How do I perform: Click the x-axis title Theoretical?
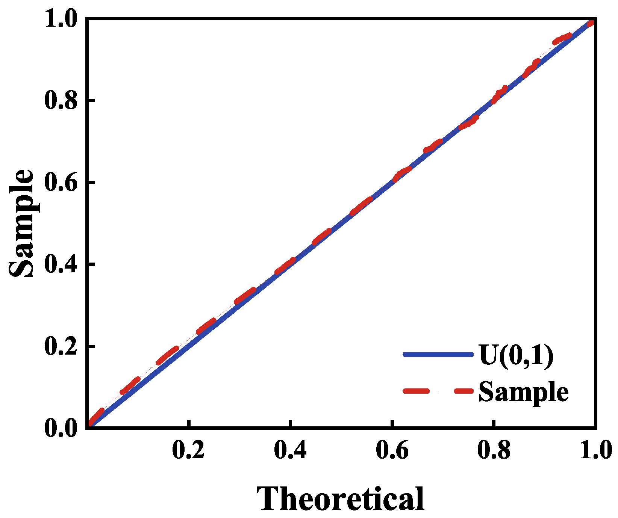point(341,498)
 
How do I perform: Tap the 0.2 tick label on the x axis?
point(188,451)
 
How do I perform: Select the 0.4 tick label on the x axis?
point(290,451)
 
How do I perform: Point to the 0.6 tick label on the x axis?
point(392,451)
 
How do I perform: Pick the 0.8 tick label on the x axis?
point(494,451)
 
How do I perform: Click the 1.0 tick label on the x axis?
point(595,451)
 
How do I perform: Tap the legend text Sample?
point(523,391)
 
